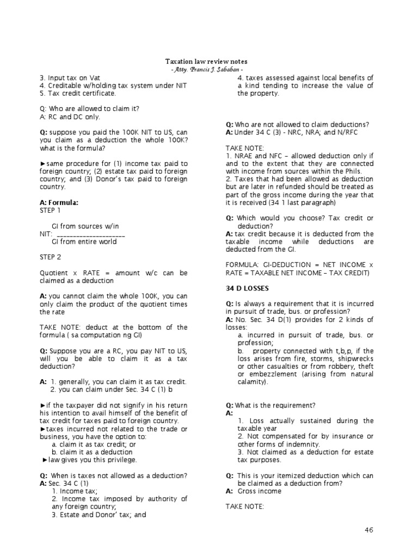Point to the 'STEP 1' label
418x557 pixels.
point(50,210)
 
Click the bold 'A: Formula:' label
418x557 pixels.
point(59,202)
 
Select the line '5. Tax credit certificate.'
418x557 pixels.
point(78,93)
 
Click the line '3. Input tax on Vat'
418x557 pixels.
point(70,78)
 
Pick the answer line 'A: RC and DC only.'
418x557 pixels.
point(70,116)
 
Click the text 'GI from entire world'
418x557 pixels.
point(84,242)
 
